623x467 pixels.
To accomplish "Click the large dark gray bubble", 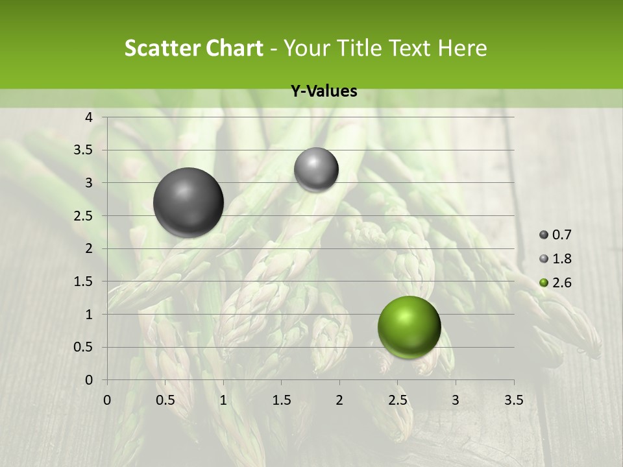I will (x=189, y=202).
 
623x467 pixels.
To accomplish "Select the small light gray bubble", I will (x=316, y=170).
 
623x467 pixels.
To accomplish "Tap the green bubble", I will (x=409, y=327).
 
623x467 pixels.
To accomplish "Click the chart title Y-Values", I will (x=324, y=91).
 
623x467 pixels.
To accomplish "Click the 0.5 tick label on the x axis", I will (x=165, y=400).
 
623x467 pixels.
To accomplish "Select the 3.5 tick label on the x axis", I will (x=513, y=400).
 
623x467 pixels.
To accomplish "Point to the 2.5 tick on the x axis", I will (x=397, y=400).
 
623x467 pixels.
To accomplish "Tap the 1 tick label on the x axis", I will (x=223, y=400).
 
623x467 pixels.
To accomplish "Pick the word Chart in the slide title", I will (x=233, y=48).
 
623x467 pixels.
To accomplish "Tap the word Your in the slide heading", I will (x=307, y=48).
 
